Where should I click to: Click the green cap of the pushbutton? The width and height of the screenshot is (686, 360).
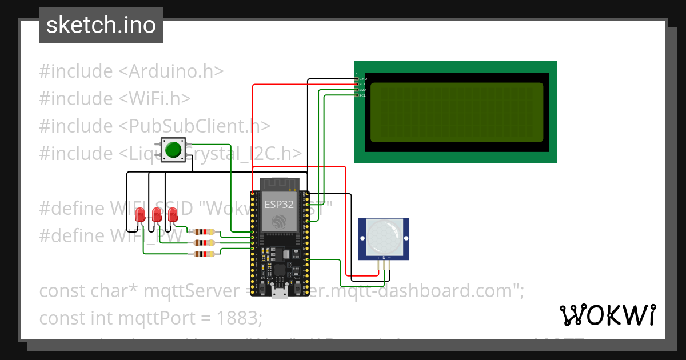(173, 150)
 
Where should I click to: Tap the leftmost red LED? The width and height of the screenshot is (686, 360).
(140, 215)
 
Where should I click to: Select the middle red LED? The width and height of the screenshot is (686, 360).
(157, 215)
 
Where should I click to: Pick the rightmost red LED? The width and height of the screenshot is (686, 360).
(173, 215)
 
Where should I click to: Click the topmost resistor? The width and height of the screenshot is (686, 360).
(204, 232)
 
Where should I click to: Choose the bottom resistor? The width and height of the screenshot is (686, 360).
(204, 254)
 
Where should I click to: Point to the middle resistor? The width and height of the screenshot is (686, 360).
(204, 243)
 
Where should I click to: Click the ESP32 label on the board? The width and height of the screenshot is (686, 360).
(279, 204)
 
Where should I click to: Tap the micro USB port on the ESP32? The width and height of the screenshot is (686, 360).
(279, 294)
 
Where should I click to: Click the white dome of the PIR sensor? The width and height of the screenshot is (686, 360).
(383, 235)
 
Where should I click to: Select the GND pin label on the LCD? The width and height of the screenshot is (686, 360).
(362, 78)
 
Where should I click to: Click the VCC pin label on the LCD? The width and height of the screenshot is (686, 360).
(362, 84)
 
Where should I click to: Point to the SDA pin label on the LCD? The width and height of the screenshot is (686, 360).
(362, 90)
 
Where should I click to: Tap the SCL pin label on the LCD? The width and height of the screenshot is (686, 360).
(362, 95)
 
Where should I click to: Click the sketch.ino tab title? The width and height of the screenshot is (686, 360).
(101, 25)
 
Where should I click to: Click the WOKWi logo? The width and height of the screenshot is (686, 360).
(607, 315)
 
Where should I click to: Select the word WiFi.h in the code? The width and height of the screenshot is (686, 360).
(162, 98)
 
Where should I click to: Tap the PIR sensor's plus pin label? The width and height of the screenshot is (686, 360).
(378, 258)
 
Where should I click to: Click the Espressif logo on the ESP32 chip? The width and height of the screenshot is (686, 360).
(279, 222)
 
